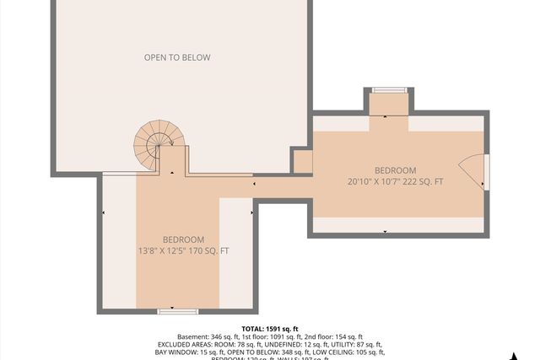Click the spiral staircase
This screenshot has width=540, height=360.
153,144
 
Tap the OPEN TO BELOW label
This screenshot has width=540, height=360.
176,57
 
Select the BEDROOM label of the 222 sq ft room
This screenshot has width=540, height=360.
395,170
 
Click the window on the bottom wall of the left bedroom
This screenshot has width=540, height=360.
177,311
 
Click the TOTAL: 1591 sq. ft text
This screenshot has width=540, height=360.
270,329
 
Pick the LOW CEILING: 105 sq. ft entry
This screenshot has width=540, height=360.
346,352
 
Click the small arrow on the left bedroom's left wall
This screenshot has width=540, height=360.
104,213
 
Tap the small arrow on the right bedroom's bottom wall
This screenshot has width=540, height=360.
386,230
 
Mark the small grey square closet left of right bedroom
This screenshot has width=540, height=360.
301,160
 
